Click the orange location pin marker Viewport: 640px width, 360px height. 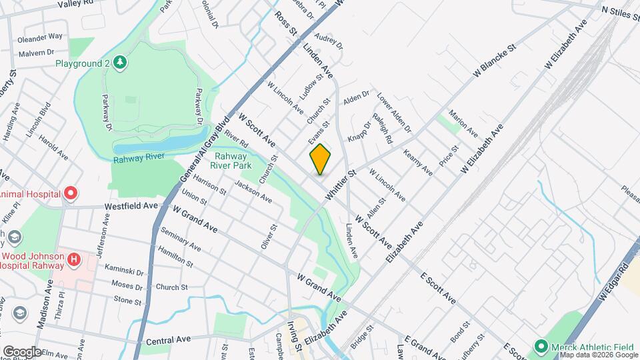(x=321, y=159)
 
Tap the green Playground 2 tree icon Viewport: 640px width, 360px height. (x=120, y=63)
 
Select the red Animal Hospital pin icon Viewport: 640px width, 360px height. (x=71, y=194)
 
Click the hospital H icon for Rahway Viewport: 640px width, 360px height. (x=74, y=258)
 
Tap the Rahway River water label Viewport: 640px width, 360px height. (x=139, y=159)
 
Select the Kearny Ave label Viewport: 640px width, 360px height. (x=418, y=163)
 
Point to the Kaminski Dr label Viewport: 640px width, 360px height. (x=125, y=272)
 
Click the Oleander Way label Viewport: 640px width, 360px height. (x=41, y=36)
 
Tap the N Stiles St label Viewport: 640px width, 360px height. (x=619, y=11)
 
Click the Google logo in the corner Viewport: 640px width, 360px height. (x=22, y=351)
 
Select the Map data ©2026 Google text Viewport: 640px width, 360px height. (x=598, y=355)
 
